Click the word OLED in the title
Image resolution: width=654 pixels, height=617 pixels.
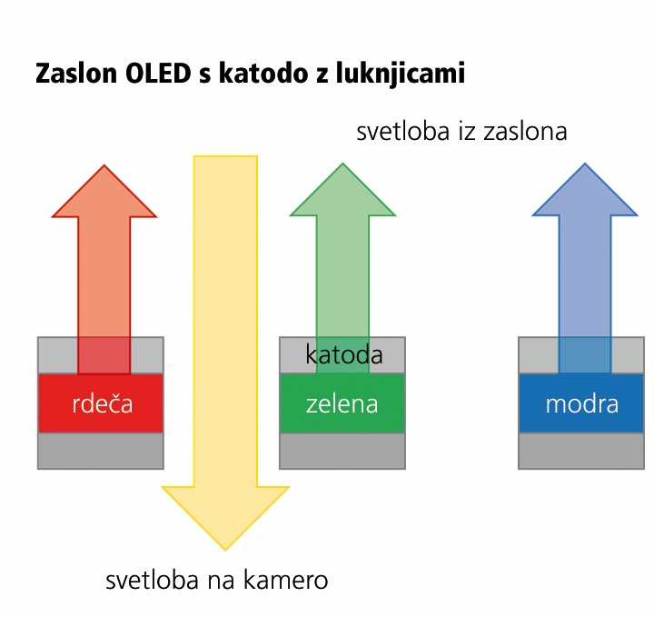click(158, 73)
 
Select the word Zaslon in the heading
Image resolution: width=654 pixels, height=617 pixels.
click(76, 73)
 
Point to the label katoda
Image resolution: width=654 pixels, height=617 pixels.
click(344, 354)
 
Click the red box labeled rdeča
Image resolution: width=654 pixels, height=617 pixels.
click(101, 403)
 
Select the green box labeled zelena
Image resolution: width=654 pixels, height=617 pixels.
click(342, 403)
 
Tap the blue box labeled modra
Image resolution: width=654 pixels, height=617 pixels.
click(581, 403)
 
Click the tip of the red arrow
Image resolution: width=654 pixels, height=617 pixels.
click(104, 165)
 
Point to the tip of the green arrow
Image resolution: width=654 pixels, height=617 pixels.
click(342, 164)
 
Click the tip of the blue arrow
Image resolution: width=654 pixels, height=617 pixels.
click(585, 164)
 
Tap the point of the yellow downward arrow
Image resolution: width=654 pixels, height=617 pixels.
click(225, 551)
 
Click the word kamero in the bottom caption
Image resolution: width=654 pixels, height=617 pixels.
click(285, 581)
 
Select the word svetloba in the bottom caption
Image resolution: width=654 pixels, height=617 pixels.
click(152, 581)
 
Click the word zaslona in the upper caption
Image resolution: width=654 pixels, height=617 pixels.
click(525, 132)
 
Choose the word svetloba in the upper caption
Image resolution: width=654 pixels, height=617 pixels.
click(403, 132)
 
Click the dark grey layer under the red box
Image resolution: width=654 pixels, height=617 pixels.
click(101, 451)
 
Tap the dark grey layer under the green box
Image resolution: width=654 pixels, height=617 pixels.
click(342, 451)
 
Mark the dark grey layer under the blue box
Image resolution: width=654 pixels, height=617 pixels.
click(581, 451)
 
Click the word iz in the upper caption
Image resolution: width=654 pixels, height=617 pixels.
click(466, 132)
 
